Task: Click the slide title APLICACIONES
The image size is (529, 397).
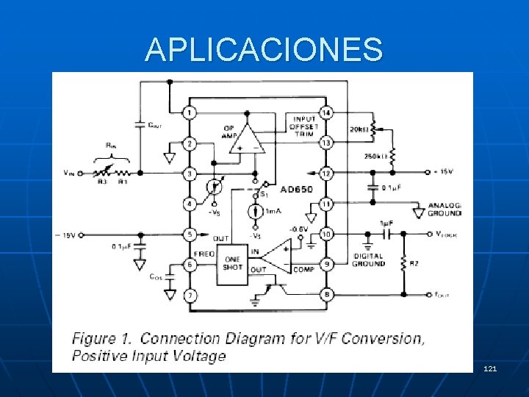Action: coord(264,50)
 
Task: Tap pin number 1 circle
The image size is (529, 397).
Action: coord(190,112)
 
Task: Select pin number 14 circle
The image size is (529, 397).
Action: coord(326,112)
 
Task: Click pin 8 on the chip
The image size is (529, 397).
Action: coord(326,295)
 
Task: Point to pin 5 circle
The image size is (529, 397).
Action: coord(190,235)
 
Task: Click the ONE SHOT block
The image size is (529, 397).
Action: coord(232,262)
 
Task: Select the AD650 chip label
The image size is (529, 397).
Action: coord(296,189)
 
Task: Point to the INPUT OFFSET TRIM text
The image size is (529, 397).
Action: coord(304,126)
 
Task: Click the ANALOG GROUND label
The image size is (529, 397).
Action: coord(443,209)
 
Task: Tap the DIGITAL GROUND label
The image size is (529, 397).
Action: coord(368,260)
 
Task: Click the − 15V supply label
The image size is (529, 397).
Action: coord(65,235)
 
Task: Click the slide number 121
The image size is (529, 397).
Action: coord(490,367)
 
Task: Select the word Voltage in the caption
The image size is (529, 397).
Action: coord(199,357)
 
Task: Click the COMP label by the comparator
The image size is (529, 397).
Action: coord(303,270)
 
